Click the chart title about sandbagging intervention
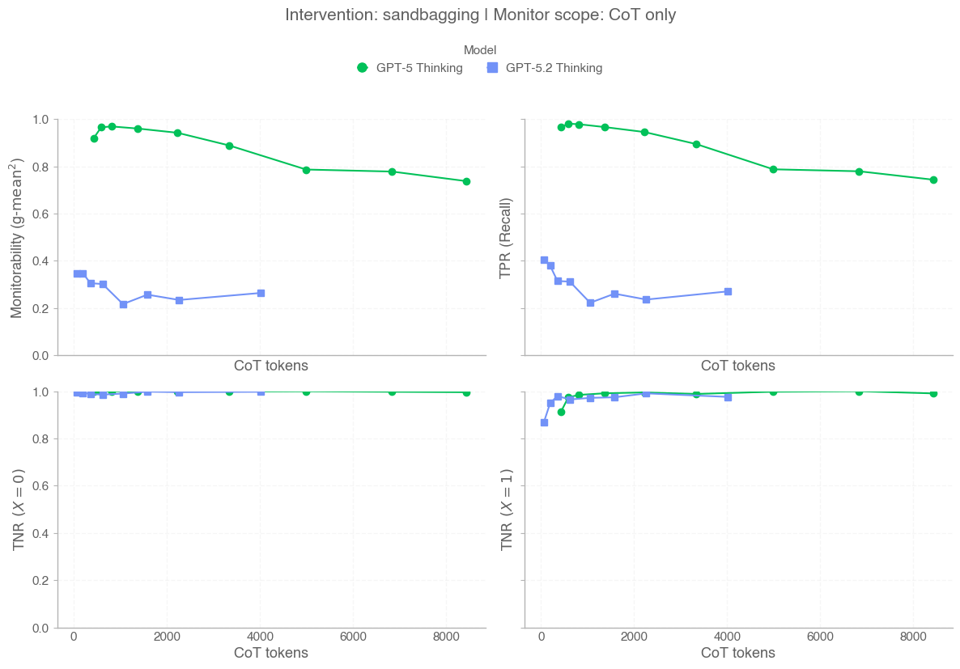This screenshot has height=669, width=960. [480, 15]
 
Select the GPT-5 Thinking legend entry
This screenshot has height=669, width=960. [410, 68]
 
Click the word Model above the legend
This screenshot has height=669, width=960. [480, 50]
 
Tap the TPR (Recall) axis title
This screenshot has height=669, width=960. [506, 238]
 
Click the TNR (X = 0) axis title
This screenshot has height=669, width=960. [18, 510]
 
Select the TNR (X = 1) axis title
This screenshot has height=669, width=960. [506, 510]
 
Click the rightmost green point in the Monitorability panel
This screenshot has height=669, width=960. [466, 181]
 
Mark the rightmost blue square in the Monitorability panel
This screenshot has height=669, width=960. [261, 293]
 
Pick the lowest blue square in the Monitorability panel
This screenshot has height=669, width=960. [123, 304]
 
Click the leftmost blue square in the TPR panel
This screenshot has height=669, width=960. [544, 260]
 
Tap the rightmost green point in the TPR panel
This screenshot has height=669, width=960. [933, 180]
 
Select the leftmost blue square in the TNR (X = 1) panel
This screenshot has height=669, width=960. [544, 422]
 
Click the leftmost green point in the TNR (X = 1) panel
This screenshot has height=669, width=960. [561, 412]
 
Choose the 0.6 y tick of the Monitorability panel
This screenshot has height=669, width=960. [40, 214]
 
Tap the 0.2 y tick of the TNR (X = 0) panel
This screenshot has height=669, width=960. [40, 581]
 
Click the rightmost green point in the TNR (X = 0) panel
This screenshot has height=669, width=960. [466, 392]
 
